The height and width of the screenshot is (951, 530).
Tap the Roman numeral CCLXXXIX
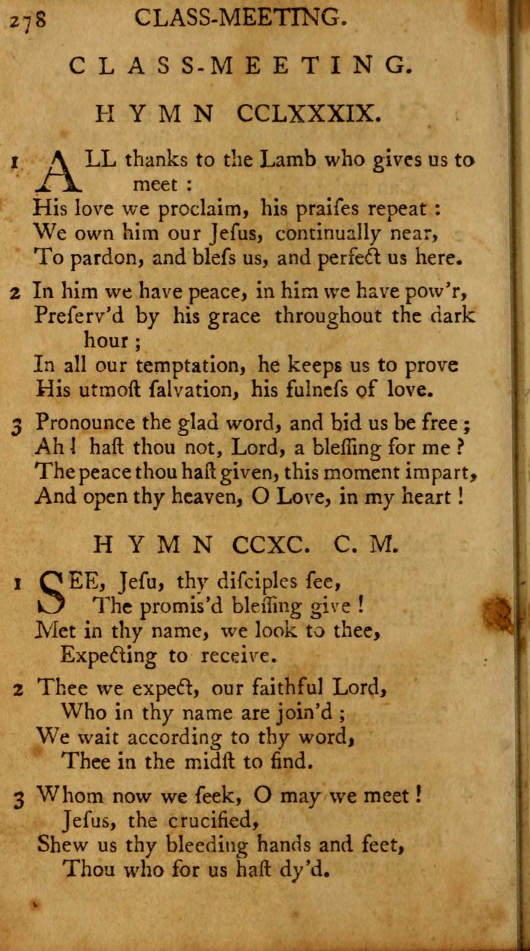pyautogui.click(x=308, y=113)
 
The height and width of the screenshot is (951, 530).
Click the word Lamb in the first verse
pyautogui.click(x=287, y=159)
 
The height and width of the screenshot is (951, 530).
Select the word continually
pyautogui.click(x=328, y=233)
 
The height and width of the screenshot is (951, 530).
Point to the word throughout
pyautogui.click(x=328, y=316)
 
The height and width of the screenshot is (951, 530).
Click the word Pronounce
pyautogui.click(x=85, y=423)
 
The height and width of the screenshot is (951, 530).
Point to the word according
pyautogui.click(x=174, y=737)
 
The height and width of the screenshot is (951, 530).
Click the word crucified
pyautogui.click(x=213, y=820)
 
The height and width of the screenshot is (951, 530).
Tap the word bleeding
pyautogui.click(x=207, y=845)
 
